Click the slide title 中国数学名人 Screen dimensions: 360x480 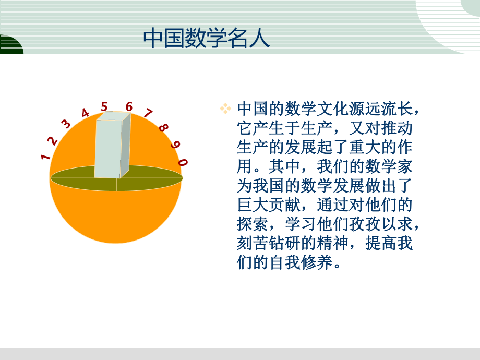[206, 38]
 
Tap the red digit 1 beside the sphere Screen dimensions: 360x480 [46, 156]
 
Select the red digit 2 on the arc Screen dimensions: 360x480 [53, 140]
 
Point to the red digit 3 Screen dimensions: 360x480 [66, 124]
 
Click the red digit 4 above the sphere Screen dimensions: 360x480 [85, 113]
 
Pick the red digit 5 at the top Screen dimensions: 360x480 [104, 106]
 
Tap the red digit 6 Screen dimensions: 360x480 [129, 106]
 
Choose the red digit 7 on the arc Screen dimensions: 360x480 [148, 113]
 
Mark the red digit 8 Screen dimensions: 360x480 [163, 127]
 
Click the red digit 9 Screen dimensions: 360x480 [175, 145]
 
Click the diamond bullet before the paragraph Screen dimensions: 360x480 [225, 109]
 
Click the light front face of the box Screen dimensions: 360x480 [107, 149]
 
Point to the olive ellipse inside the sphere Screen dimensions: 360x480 [151, 179]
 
